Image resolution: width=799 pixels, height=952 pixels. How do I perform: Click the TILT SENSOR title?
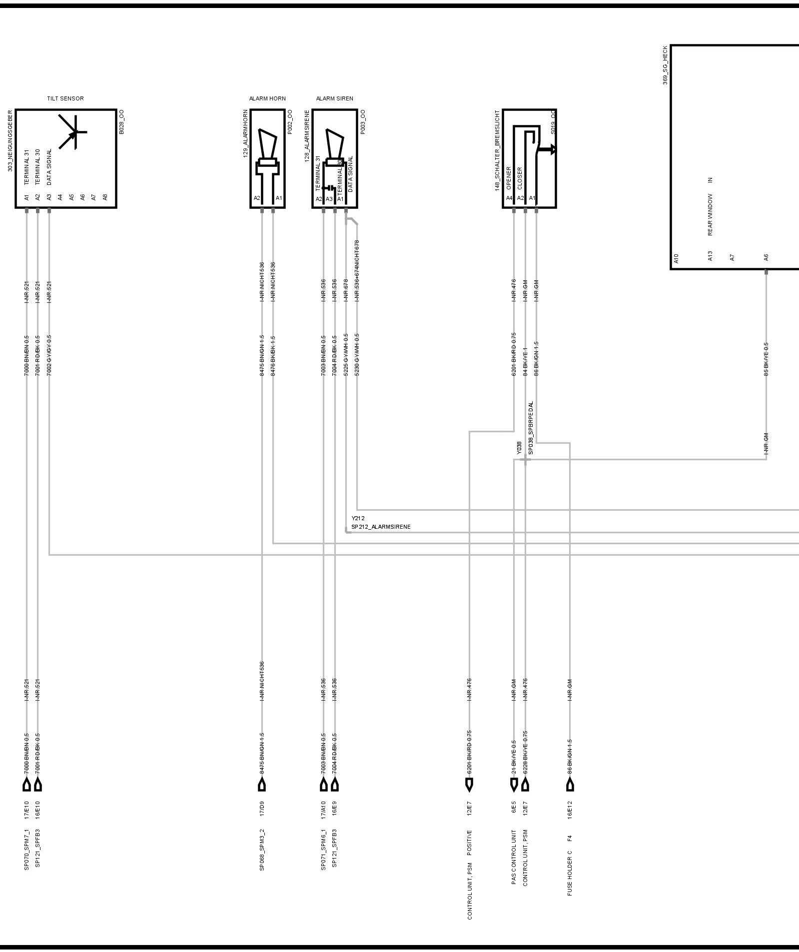[x=65, y=98]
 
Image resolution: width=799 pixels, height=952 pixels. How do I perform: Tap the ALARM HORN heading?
[x=267, y=98]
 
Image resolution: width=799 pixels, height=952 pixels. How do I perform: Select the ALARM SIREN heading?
[x=334, y=98]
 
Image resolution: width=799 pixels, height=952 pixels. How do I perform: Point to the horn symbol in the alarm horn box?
[x=267, y=150]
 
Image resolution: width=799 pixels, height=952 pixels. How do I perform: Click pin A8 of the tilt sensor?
[x=105, y=197]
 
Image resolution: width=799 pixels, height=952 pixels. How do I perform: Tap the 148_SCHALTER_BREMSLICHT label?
[x=497, y=150]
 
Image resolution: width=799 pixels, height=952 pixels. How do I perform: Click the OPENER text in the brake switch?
[x=509, y=178]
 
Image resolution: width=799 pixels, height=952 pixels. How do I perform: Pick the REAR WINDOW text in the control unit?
[x=710, y=215]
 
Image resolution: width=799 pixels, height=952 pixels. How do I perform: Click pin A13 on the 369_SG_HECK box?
[x=710, y=256]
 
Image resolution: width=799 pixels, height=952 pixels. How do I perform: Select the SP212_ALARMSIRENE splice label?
[x=381, y=527]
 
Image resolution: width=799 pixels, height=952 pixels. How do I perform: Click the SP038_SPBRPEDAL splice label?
[x=531, y=428]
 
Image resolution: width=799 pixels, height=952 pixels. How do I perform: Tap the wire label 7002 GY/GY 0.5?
[x=49, y=355]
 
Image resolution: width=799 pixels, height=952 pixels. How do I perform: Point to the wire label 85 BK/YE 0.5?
[x=766, y=359]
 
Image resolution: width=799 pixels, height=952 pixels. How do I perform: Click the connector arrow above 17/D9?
[x=262, y=786]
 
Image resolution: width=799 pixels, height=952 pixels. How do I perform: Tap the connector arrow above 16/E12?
[x=570, y=786]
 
